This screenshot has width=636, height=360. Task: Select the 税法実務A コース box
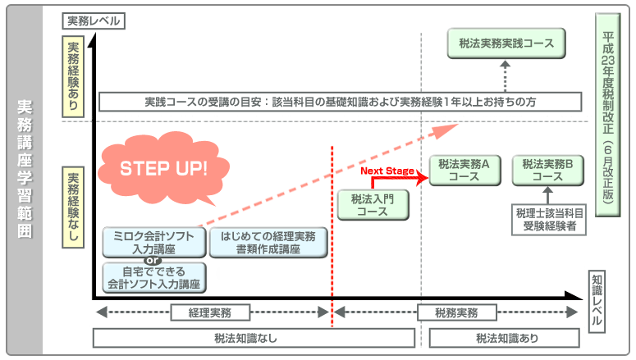tap(463, 170)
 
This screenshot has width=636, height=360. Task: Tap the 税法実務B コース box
tap(547, 170)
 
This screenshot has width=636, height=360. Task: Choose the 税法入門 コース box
tap(372, 204)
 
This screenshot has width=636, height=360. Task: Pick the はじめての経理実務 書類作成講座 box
tap(268, 242)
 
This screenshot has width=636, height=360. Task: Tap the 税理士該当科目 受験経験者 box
tap(547, 221)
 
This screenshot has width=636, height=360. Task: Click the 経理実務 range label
tap(209, 312)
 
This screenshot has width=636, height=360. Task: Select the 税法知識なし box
tap(257, 338)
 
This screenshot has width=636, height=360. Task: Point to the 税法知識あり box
tap(507, 338)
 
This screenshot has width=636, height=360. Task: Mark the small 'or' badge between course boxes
tap(152, 261)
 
